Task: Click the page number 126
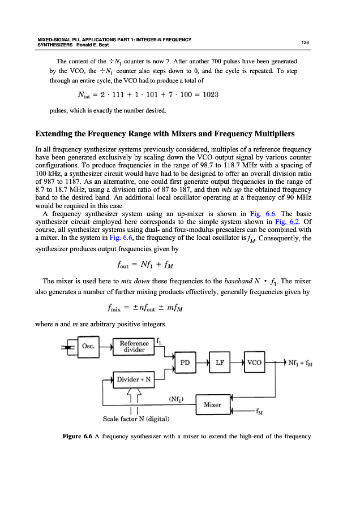click(x=305, y=42)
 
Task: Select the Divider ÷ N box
click(x=134, y=379)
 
